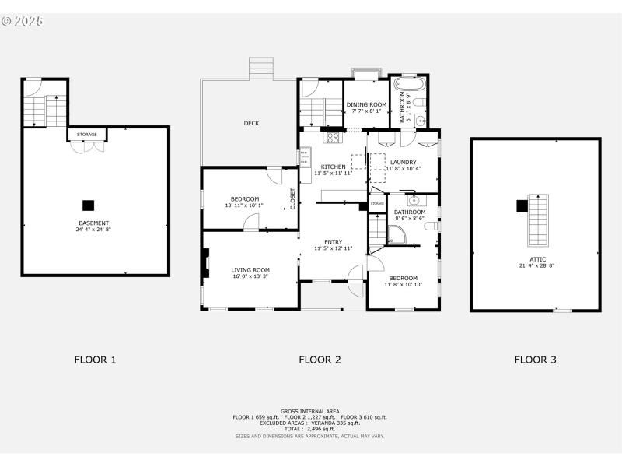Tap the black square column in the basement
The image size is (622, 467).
pyautogui.click(x=89, y=205)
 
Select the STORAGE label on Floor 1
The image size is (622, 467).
pyautogui.click(x=87, y=135)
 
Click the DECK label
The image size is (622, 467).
pyautogui.click(x=251, y=123)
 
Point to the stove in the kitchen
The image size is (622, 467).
pyautogui.click(x=334, y=139)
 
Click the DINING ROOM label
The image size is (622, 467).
pyautogui.click(x=366, y=104)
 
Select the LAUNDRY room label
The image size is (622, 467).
pyautogui.click(x=404, y=162)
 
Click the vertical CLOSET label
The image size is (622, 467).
pyautogui.click(x=293, y=199)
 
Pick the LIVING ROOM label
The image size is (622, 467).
pyautogui.click(x=250, y=269)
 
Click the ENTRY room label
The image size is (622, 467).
pyautogui.click(x=334, y=242)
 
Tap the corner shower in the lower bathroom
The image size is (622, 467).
pyautogui.click(x=397, y=236)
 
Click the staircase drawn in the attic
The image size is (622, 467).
pyautogui.click(x=536, y=219)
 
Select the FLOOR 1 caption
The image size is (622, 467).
pyautogui.click(x=95, y=360)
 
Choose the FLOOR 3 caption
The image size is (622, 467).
pyautogui.click(x=535, y=360)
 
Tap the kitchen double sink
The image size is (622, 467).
pyautogui.click(x=304, y=156)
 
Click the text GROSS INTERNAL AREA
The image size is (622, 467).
pyautogui.click(x=310, y=410)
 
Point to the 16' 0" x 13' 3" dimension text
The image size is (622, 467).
pyautogui.click(x=250, y=276)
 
